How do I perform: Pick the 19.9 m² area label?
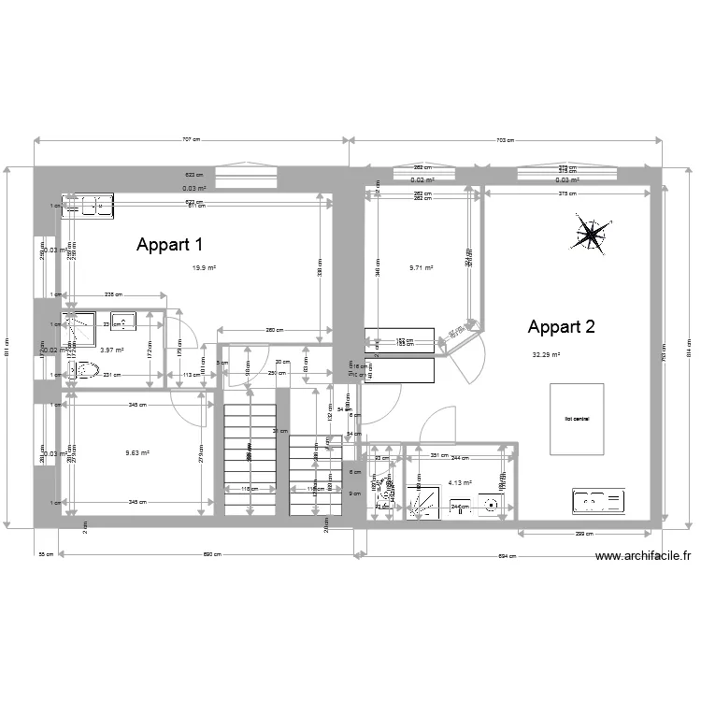coord(205,268)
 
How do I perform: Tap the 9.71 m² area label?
coord(422,268)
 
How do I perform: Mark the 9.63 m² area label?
coord(138,453)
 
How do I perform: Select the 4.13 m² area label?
coord(460,483)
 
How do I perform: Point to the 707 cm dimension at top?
coord(191,139)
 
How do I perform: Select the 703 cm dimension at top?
coord(505,139)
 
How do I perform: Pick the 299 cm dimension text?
coord(585,534)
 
